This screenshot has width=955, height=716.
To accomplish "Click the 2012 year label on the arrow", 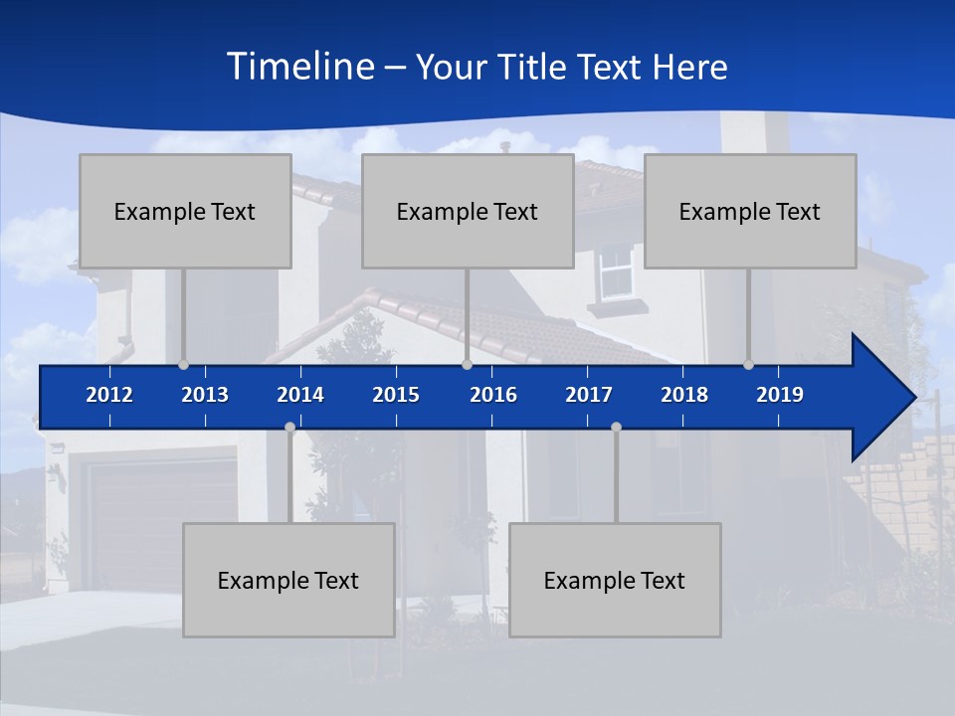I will [109, 395].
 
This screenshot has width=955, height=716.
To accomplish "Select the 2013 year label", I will [205, 395].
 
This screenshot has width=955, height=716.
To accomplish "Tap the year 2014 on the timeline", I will [300, 395].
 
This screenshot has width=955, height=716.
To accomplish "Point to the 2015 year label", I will [396, 395].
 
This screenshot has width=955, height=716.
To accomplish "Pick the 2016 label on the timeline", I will [493, 395].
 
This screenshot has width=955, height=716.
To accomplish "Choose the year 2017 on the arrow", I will [589, 395].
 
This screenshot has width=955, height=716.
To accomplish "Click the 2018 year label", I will [684, 395].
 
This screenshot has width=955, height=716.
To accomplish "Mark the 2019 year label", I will [780, 395].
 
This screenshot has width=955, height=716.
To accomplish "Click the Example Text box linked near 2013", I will [185, 211].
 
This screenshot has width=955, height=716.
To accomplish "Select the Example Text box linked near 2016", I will [468, 211].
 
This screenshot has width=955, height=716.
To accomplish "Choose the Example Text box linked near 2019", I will [750, 211].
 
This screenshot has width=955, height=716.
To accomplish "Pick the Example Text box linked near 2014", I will [288, 580].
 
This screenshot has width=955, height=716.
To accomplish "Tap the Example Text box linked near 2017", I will [615, 580].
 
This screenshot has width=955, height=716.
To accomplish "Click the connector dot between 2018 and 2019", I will [748, 364].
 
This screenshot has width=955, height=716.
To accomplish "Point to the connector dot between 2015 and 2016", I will [467, 364].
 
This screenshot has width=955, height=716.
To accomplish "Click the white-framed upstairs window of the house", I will [617, 271].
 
